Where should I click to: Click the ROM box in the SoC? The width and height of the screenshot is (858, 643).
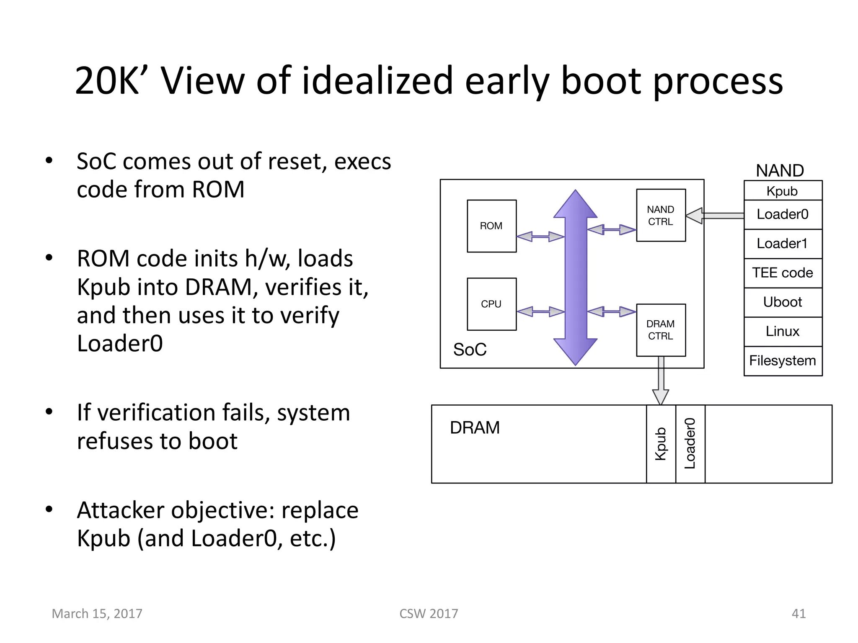[491, 226]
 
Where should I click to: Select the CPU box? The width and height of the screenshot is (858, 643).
[491, 304]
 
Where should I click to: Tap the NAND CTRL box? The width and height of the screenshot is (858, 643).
[661, 215]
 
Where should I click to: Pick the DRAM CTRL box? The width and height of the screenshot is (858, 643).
[661, 330]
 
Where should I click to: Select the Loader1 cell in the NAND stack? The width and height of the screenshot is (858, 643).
[783, 244]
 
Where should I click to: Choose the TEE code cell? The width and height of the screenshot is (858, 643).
[783, 273]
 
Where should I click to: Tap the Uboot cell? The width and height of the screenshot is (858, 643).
[783, 302]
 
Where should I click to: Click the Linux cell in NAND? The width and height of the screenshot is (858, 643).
[783, 332]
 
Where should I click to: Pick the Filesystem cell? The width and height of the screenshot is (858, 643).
[783, 361]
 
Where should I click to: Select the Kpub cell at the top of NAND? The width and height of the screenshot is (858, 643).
[783, 191]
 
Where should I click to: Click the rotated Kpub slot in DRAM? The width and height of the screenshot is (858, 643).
[661, 444]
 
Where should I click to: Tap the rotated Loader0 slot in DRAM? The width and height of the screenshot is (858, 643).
[690, 444]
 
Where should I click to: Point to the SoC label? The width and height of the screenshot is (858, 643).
[470, 350]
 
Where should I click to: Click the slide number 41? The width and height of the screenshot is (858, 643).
[799, 614]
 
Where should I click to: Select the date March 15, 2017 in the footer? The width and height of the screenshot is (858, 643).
[97, 614]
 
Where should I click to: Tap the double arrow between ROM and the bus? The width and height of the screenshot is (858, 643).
[540, 237]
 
